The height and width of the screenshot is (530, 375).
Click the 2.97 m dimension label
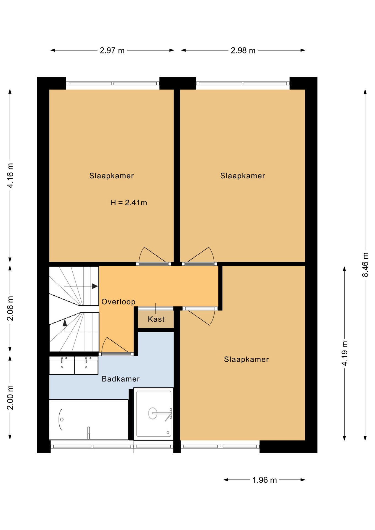pyautogui.click(x=112, y=51)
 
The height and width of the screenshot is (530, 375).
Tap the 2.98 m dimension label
pyautogui.click(x=243, y=51)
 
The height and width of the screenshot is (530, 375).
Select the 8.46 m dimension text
pyautogui.click(x=365, y=264)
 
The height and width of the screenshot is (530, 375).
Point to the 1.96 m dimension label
pyautogui.click(x=265, y=480)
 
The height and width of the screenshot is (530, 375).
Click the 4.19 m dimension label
pyautogui.click(x=345, y=353)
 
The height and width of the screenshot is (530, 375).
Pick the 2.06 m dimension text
pyautogui.click(x=10, y=309)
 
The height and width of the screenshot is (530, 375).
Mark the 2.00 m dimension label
pyautogui.click(x=10, y=397)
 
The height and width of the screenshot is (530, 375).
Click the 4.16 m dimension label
pyautogui.click(x=10, y=176)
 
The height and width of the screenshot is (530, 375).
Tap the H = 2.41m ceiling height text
pyautogui.click(x=129, y=203)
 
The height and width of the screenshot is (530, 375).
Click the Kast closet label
pyautogui.click(x=156, y=319)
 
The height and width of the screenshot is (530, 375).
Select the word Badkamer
pyautogui.click(x=121, y=379)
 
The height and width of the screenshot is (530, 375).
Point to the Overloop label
pyautogui.click(x=118, y=302)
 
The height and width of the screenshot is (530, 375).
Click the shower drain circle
pyautogui.click(x=153, y=413)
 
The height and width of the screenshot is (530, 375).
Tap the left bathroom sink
pyautogui.click(x=62, y=365)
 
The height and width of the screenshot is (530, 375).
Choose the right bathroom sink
pyautogui.click(x=86, y=365)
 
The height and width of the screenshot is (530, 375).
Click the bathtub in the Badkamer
pyautogui.click(x=89, y=419)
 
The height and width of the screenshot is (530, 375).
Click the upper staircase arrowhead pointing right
pyautogui.click(x=95, y=286)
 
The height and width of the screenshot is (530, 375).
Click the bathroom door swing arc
pyautogui.click(x=103, y=344)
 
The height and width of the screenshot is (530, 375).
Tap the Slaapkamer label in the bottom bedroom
pyautogui.click(x=246, y=359)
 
